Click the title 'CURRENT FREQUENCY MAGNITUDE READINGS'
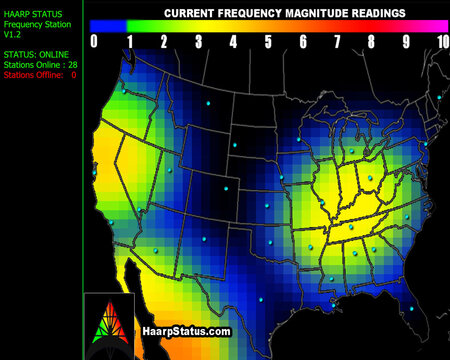coord(270,13)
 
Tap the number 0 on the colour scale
coord(94,42)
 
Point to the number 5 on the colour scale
coord(267,42)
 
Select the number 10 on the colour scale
coord(441,42)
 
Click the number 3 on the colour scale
coord(198,42)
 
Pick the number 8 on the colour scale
coord(371,42)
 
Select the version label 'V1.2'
coord(14,36)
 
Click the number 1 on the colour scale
coord(129,42)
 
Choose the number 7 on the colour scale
coord(337,42)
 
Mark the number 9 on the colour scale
coord(406,42)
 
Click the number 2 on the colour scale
coord(163,42)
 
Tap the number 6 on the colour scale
coord(302,42)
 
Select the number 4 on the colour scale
coord(232,42)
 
